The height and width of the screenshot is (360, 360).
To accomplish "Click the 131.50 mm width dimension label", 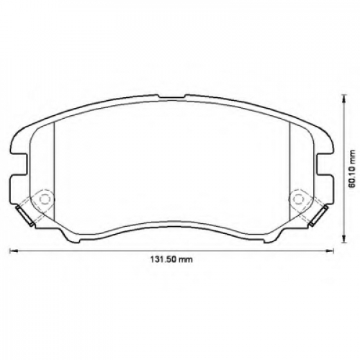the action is [x=171, y=260].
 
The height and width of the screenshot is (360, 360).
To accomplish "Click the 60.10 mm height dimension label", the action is [x=352, y=169].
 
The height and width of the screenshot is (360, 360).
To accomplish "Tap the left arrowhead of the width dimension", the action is [x=12, y=251].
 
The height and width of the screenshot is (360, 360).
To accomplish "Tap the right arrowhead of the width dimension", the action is [x=330, y=251].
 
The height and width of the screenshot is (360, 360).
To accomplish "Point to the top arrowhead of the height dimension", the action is [x=343, y=98].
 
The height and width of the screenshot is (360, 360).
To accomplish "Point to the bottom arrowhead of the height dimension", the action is [x=343, y=239].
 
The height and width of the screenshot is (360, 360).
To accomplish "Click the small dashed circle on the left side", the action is [x=44, y=199].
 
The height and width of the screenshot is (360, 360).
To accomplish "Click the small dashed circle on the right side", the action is [x=297, y=199].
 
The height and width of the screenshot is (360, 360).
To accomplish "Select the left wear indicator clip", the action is [x=24, y=216].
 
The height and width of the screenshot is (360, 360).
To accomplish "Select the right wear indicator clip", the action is [x=318, y=215].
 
